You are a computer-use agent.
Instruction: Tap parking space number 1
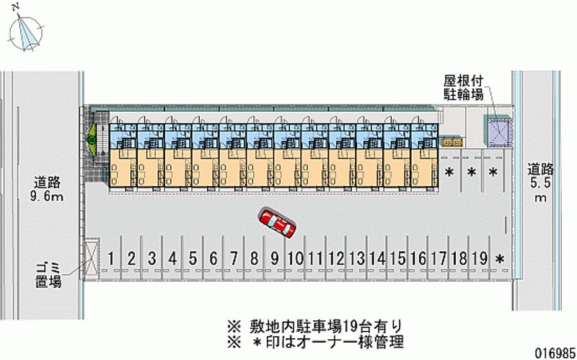click(x=113, y=258)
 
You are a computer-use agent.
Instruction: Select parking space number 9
click(x=275, y=258)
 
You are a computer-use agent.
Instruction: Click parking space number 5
click(x=193, y=258)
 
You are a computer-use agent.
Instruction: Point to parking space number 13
click(x=356, y=258)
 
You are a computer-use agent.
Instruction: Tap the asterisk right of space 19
click(x=499, y=259)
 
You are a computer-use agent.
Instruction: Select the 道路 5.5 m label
click(x=540, y=183)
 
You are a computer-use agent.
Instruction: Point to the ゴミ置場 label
click(x=48, y=276)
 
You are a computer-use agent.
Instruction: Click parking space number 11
click(x=315, y=258)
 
